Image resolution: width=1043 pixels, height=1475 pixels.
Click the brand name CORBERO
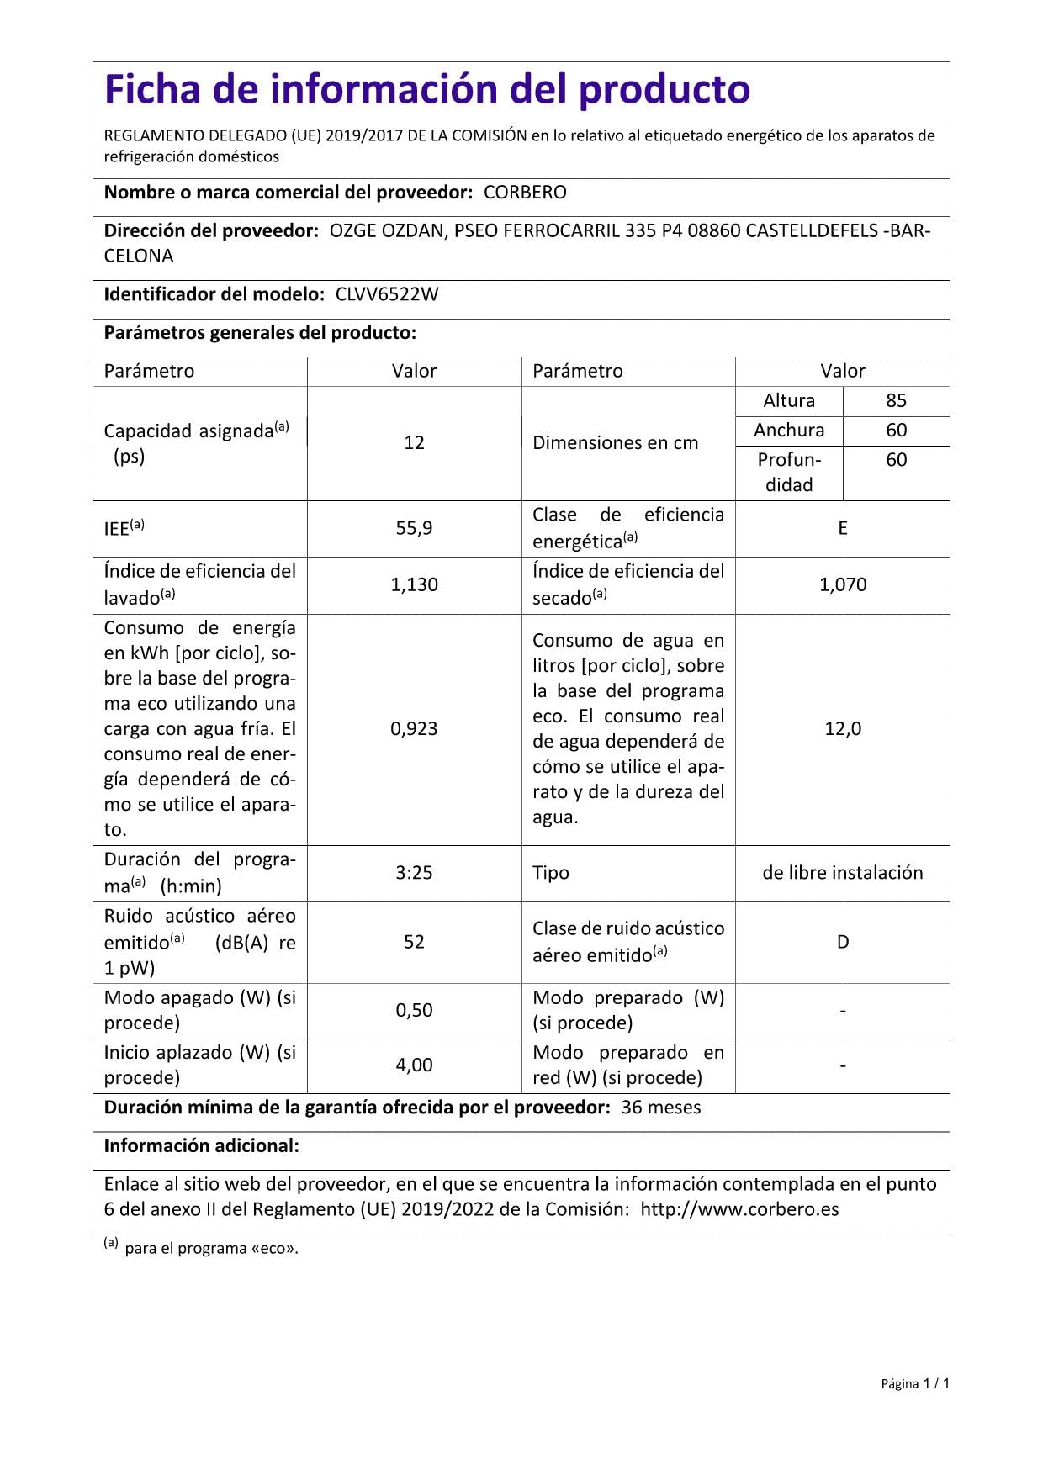click(525, 193)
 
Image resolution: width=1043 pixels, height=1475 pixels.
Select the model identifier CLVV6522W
click(387, 294)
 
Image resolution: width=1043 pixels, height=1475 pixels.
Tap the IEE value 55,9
click(414, 528)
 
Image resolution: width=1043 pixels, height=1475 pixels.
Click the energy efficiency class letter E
click(842, 528)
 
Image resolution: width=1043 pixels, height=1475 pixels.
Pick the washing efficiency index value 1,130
click(414, 584)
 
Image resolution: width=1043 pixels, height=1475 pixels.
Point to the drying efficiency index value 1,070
click(843, 584)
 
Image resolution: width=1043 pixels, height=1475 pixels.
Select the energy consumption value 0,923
click(414, 729)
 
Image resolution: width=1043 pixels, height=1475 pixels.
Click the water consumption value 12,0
click(843, 729)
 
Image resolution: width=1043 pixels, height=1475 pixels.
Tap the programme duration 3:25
click(414, 873)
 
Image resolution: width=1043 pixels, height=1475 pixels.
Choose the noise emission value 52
click(414, 942)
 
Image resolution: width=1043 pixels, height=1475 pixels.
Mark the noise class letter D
click(843, 942)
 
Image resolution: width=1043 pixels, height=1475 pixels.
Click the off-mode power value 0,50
click(414, 1010)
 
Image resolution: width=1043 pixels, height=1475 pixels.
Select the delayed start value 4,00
click(414, 1065)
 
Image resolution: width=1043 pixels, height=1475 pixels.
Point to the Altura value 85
click(896, 401)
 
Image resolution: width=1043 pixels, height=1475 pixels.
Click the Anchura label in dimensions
click(789, 431)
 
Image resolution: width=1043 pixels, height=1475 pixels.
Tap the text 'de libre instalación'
click(843, 873)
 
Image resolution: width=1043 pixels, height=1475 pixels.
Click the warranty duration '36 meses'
click(661, 1108)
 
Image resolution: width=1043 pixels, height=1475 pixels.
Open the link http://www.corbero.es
click(739, 1210)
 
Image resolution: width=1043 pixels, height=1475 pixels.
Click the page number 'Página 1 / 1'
click(915, 1383)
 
